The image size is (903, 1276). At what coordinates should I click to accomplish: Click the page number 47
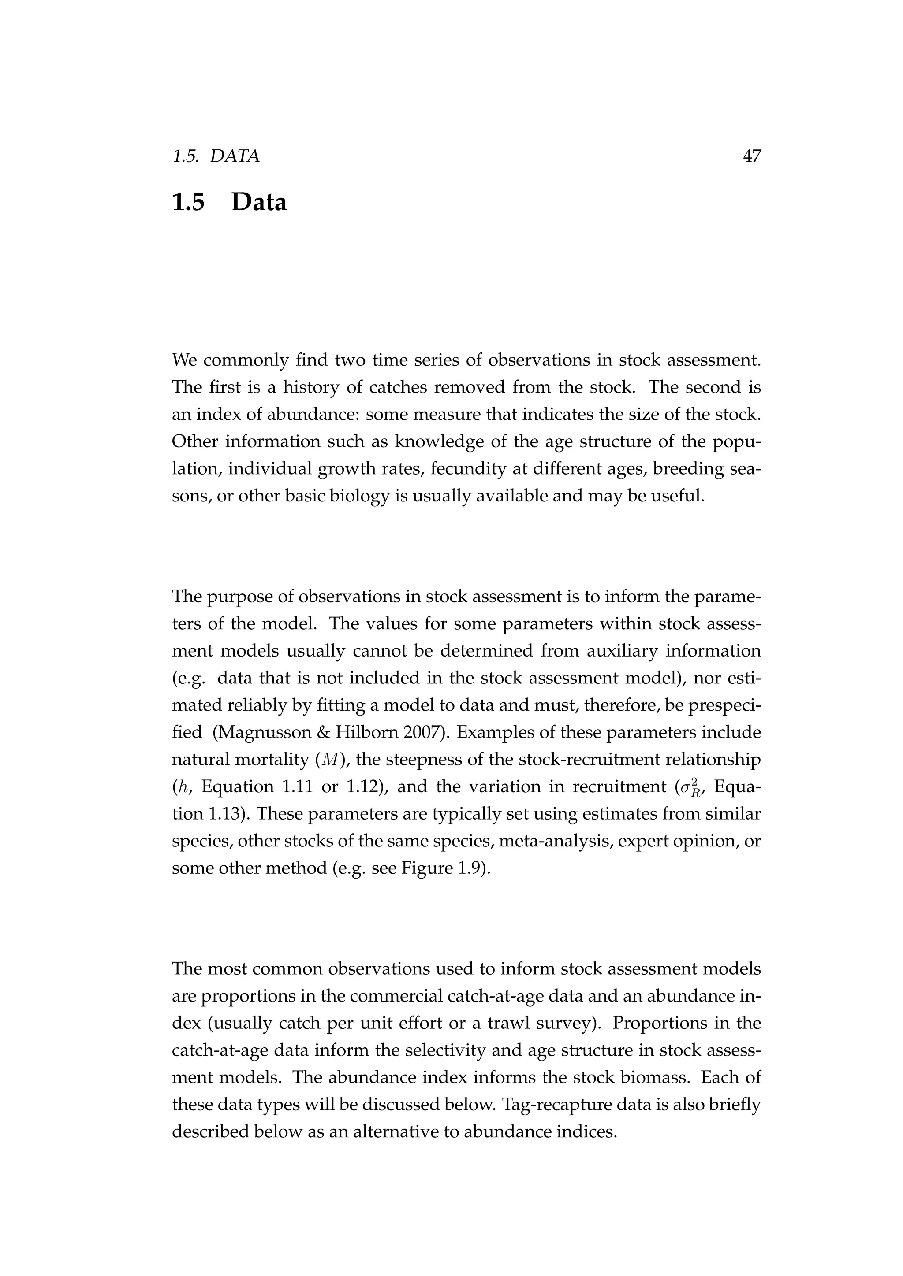coord(751,157)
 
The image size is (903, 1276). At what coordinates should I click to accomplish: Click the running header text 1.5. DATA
coord(216,157)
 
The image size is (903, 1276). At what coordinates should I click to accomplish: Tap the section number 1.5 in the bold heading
coord(189,202)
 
